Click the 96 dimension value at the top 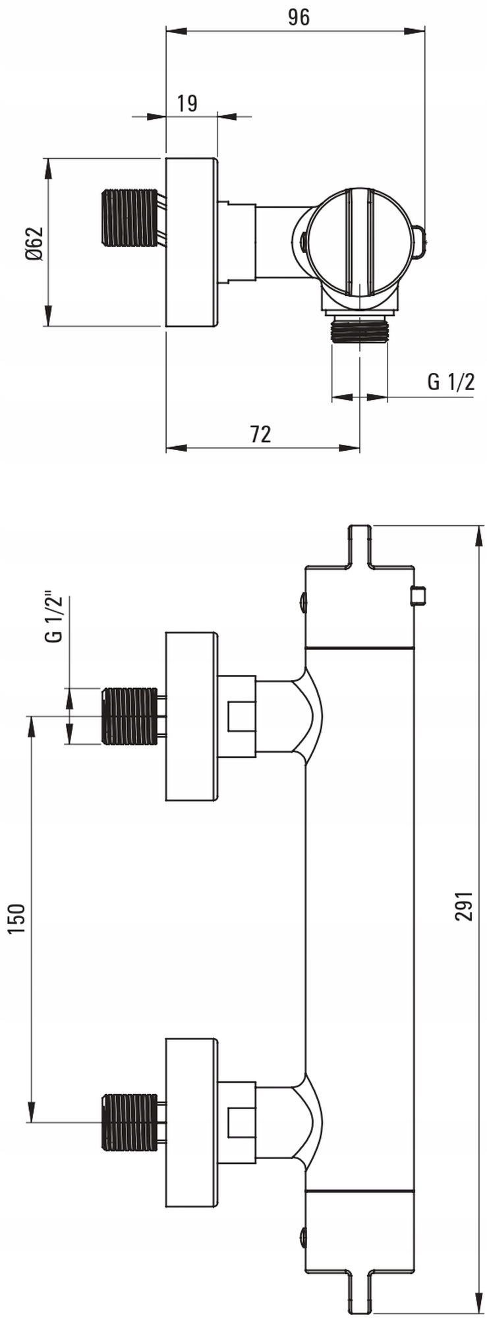[x=299, y=18]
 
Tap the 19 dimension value [x=187, y=103]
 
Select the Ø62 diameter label [x=34, y=243]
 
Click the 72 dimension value [x=260, y=434]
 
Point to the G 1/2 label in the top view [x=451, y=382]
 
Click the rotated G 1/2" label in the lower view [x=55, y=617]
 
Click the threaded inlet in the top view [x=130, y=217]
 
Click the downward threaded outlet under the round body [x=360, y=329]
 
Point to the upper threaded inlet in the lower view [x=130, y=716]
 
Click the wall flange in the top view [x=191, y=243]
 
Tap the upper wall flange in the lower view [x=191, y=716]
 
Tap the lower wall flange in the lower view [x=191, y=1122]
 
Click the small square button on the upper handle [x=418, y=596]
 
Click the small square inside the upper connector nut [x=241, y=716]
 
